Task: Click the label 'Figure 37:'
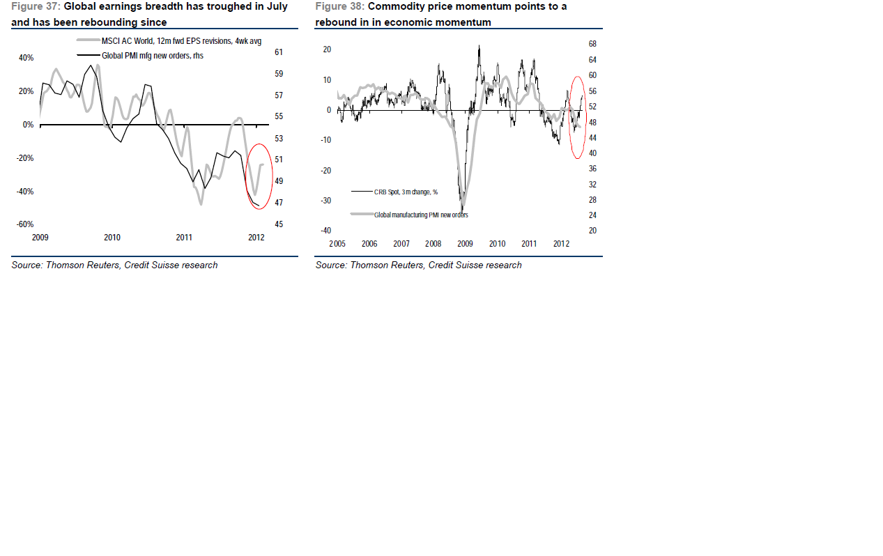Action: pos(36,6)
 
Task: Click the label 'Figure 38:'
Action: pos(339,6)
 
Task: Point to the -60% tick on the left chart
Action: pos(25,225)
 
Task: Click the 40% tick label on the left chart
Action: pos(26,59)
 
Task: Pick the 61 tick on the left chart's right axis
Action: pos(279,52)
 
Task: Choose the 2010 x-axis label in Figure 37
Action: pos(112,238)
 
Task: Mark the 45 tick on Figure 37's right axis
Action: pos(279,224)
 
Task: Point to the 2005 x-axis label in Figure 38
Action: pos(337,244)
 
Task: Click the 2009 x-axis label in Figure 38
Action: pos(465,244)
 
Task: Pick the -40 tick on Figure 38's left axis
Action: pos(326,231)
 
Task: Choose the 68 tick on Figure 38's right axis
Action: pos(592,44)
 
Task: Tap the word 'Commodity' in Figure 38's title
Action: pos(392,6)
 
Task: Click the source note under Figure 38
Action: pos(418,265)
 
